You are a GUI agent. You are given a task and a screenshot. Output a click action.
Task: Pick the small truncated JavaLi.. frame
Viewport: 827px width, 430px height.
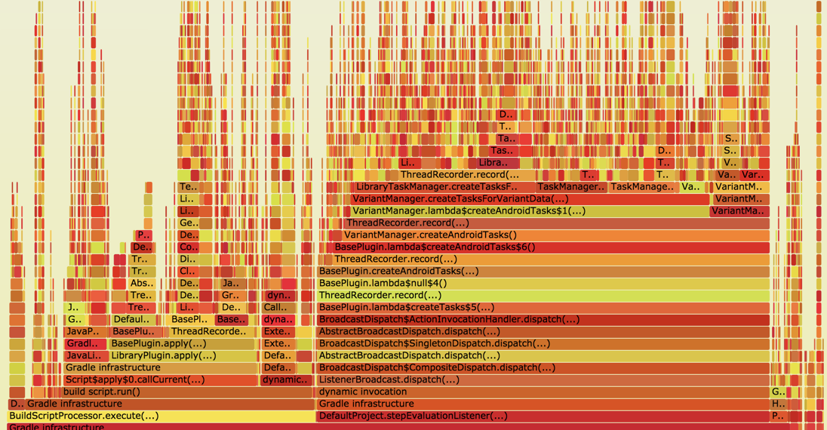pos(84,355)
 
